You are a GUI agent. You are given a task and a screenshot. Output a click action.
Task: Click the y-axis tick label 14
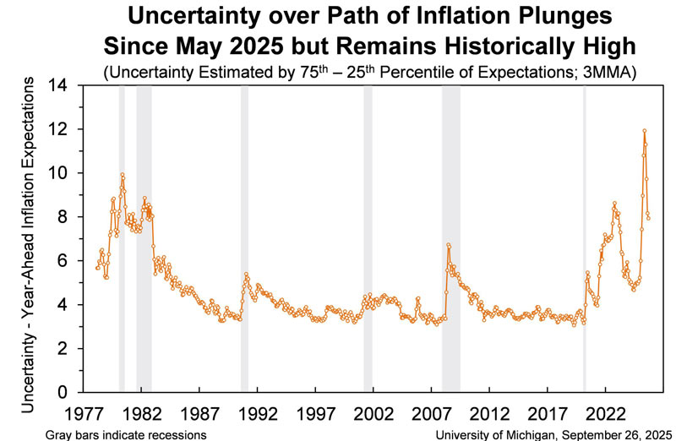57,86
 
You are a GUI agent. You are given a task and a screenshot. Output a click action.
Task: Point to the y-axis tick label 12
57,129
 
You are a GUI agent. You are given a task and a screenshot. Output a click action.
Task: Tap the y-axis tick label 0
63,392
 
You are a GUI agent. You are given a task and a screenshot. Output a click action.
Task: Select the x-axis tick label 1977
84,414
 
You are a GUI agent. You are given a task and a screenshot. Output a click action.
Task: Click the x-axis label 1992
258,414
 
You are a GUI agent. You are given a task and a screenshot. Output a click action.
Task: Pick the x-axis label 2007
431,414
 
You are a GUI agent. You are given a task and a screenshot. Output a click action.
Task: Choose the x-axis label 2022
605,414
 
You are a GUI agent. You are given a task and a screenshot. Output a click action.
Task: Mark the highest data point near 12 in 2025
644,131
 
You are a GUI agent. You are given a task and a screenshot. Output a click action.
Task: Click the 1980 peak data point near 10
122,175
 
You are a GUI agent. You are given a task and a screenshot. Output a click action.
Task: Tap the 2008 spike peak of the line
449,245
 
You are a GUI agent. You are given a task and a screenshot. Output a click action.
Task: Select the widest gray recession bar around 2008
451,239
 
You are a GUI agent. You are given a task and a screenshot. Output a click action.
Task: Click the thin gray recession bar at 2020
585,239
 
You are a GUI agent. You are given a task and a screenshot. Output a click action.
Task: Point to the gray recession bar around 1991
244,239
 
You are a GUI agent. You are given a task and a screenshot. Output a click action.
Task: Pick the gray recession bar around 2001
368,239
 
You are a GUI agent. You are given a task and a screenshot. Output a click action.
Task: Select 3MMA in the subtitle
607,73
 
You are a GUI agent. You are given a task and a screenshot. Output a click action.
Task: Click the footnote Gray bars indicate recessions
126,434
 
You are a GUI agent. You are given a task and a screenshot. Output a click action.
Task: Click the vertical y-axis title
28,245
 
